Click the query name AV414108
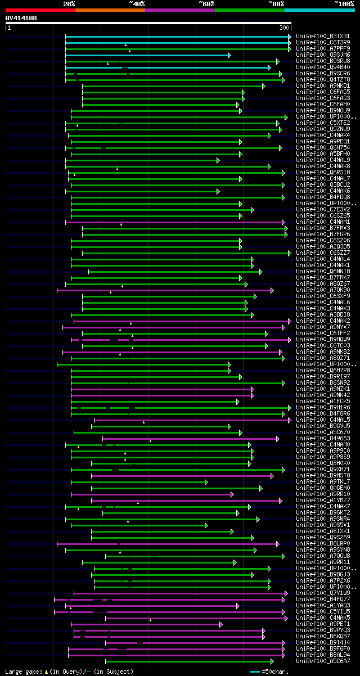[21, 18]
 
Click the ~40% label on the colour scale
[137, 4]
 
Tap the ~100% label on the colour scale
[344, 4]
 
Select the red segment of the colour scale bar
[40, 10]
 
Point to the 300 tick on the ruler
[284, 28]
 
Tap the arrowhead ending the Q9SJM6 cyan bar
[229, 55]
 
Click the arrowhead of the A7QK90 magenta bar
[272, 290]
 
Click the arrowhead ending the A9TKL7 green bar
[206, 482]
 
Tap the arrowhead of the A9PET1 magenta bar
[220, 624]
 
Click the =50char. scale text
[276, 672]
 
